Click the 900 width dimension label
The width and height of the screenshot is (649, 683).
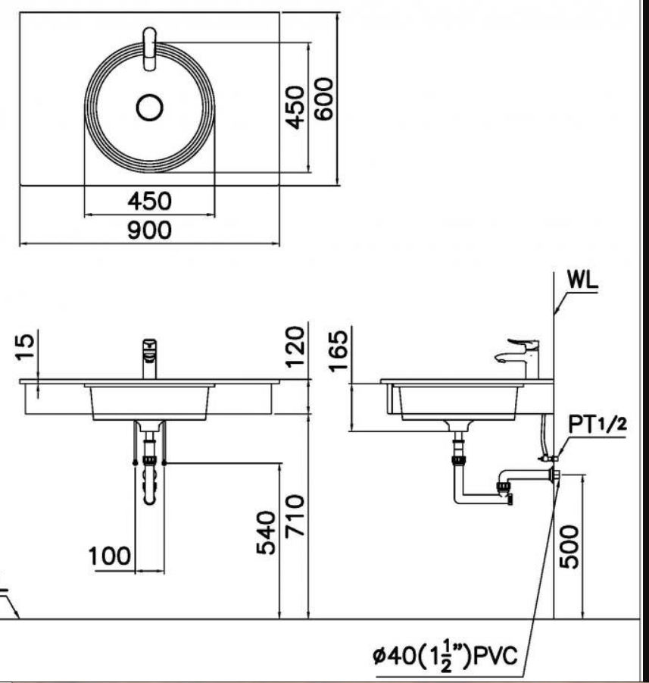149,230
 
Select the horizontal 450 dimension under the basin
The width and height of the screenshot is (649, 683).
149,202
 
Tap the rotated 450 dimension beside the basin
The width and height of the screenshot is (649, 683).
295,106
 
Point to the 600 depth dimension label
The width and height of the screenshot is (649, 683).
324,99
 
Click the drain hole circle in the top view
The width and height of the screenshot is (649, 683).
150,107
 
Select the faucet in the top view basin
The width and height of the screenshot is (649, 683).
150,49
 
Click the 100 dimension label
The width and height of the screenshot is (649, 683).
110,557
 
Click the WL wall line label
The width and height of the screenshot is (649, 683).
582,280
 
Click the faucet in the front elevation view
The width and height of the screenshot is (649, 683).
150,358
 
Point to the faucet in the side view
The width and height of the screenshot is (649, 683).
522,356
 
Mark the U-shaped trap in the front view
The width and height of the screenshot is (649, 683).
150,485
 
